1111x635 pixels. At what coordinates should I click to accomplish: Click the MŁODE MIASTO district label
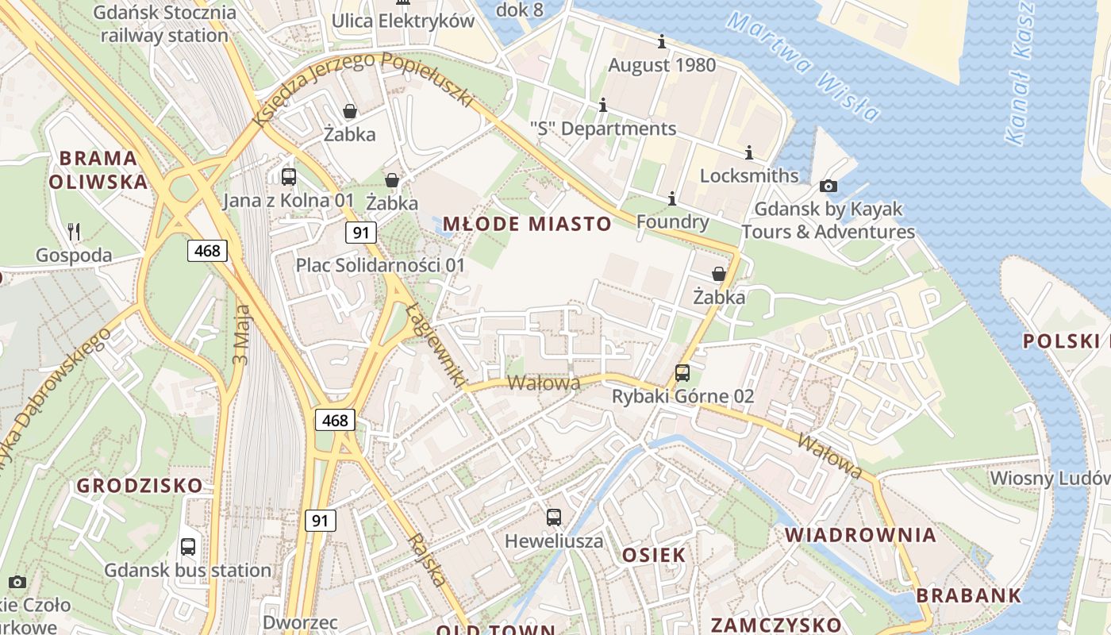click(x=527, y=224)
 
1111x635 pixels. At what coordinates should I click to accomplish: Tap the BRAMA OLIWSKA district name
click(x=98, y=170)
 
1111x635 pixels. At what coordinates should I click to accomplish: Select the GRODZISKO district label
click(x=140, y=485)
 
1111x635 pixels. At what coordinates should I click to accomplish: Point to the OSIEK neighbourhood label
click(x=654, y=555)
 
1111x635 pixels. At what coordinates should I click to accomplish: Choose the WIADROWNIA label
click(x=861, y=534)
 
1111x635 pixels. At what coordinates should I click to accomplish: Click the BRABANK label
click(x=969, y=595)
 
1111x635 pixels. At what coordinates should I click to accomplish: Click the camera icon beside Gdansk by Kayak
click(x=828, y=186)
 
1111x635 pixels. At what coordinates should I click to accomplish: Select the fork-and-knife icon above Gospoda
click(x=74, y=232)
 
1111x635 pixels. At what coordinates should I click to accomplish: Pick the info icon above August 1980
click(x=662, y=41)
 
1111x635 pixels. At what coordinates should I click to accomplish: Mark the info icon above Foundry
click(x=672, y=198)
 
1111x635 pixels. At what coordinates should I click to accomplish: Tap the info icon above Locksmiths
click(x=748, y=152)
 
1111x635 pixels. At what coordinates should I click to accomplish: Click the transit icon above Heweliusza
click(x=554, y=518)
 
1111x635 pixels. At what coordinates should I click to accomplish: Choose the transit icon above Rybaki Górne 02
click(x=682, y=372)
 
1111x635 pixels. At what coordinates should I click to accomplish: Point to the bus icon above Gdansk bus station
click(x=188, y=546)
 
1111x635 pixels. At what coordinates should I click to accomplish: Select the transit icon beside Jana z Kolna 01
click(x=289, y=177)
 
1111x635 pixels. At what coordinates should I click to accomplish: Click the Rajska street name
click(x=428, y=560)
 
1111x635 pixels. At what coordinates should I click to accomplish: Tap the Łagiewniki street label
click(x=436, y=344)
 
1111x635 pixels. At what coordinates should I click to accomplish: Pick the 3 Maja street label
click(x=241, y=334)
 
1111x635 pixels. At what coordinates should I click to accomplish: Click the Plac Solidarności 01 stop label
click(x=380, y=264)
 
